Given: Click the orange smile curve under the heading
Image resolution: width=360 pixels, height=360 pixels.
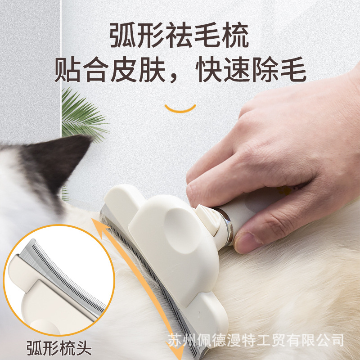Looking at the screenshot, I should tap(180, 108).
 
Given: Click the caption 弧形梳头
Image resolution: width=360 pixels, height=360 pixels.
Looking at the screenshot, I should tap(58, 347).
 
